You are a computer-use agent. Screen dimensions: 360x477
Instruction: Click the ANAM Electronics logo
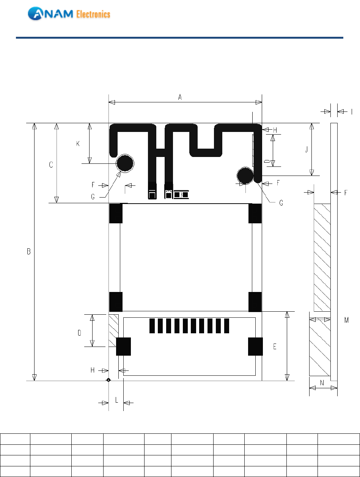pyautogui.click(x=69, y=14)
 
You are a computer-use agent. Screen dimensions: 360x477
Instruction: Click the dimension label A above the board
pyautogui.click(x=180, y=97)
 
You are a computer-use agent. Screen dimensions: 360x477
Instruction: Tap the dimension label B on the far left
pyautogui.click(x=29, y=251)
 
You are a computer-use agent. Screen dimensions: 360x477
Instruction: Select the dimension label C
pyautogui.click(x=51, y=165)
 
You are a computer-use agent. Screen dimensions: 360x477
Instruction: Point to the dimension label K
pyautogui.click(x=78, y=144)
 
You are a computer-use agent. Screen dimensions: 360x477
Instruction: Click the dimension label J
pyautogui.click(x=307, y=149)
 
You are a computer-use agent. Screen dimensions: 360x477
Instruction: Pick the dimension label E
pyautogui.click(x=275, y=347)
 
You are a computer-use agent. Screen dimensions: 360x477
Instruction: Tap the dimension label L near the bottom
pyautogui.click(x=117, y=400)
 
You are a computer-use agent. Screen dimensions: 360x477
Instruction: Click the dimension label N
pyautogui.click(x=322, y=383)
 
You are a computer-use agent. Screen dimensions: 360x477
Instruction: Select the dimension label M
pyautogui.click(x=346, y=320)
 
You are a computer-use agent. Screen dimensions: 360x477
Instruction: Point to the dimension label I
pyautogui.click(x=352, y=112)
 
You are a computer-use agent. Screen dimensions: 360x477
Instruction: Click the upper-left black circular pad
pyautogui.click(x=125, y=163)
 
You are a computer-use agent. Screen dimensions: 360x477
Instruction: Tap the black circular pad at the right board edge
pyautogui.click(x=245, y=176)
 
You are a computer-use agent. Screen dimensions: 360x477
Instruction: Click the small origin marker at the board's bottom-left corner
pyautogui.click(x=108, y=380)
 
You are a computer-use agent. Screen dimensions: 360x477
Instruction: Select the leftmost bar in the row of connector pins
pyautogui.click(x=152, y=326)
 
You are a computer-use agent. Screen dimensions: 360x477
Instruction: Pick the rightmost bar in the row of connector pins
pyautogui.click(x=226, y=326)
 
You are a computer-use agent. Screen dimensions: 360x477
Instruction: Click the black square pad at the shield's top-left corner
pyautogui.click(x=116, y=213)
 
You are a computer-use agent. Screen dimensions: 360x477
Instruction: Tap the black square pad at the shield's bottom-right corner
pyautogui.click(x=255, y=302)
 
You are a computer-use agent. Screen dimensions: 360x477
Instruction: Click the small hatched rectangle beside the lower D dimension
pyautogui.click(x=113, y=330)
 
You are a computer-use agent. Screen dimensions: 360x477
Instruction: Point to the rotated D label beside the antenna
pyautogui.click(x=267, y=161)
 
